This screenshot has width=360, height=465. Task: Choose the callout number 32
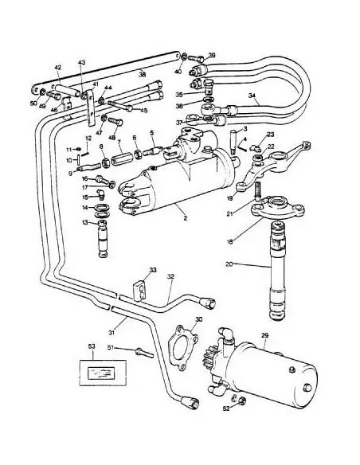[170, 276]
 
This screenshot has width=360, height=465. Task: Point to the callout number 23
[269, 135]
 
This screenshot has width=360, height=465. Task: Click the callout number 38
[142, 73]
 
